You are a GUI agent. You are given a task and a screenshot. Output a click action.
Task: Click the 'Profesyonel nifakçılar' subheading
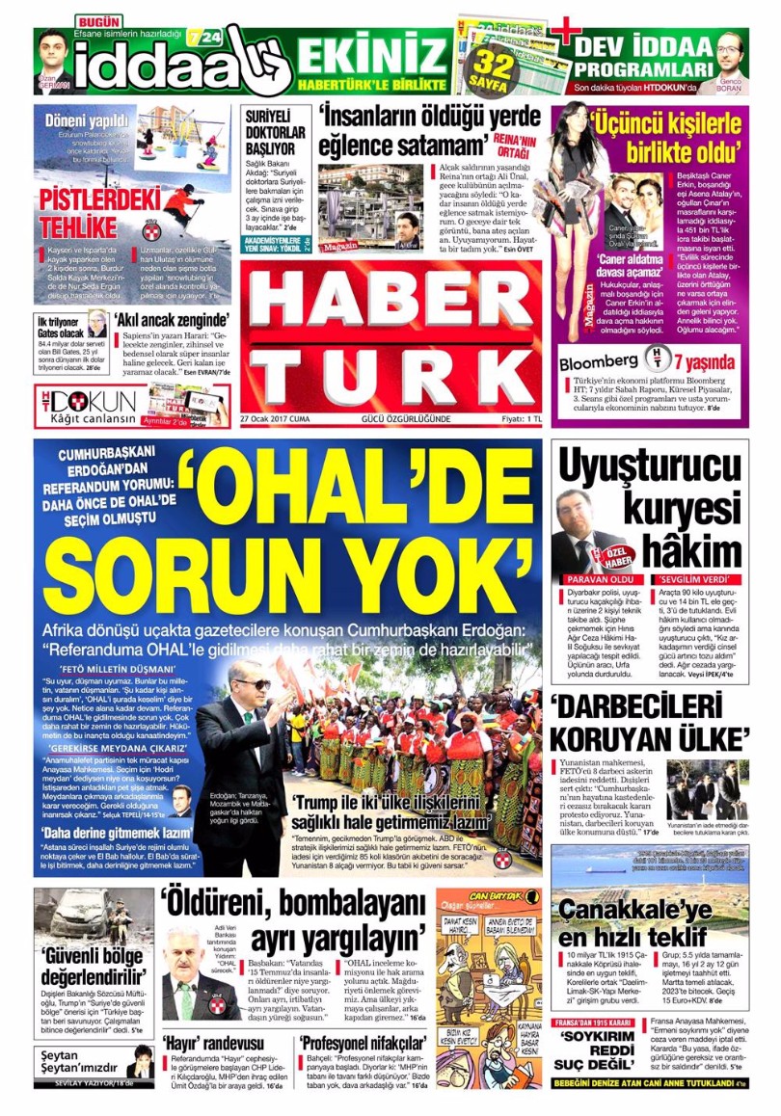tap(362, 1045)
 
